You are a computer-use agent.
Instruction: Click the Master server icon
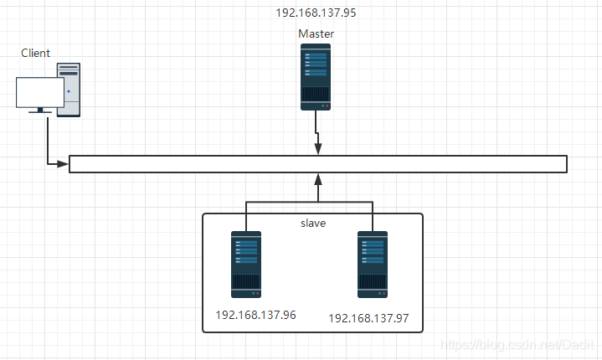[316, 77]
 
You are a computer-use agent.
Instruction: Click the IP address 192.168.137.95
[316, 13]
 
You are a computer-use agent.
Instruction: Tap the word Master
[316, 33]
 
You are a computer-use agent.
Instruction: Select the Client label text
[36, 54]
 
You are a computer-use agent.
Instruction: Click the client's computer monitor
[40, 92]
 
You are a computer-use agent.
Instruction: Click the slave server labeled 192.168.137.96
[246, 265]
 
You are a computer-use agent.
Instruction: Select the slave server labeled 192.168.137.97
[372, 265]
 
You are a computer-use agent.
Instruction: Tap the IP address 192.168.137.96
[255, 316]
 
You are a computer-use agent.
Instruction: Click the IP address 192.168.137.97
[368, 319]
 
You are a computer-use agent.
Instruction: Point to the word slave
[312, 224]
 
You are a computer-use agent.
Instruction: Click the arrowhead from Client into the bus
[63, 163]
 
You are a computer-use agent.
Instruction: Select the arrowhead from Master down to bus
[317, 149]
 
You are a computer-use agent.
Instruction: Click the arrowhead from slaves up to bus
[317, 177]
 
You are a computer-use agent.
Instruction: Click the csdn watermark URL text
[517, 345]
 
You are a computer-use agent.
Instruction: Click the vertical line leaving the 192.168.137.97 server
[371, 216]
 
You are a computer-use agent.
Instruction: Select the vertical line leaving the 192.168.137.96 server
[246, 216]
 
